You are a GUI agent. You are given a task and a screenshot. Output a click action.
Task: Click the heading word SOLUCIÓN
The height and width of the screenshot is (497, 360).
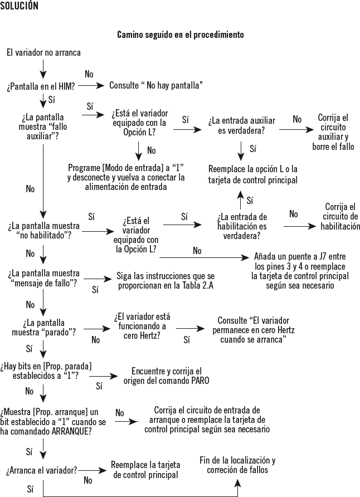pos(20,6)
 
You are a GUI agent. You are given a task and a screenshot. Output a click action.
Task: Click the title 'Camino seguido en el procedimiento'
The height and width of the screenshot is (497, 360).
pos(180,35)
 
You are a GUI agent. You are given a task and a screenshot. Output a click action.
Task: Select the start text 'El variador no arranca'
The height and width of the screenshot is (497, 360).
pos(43,52)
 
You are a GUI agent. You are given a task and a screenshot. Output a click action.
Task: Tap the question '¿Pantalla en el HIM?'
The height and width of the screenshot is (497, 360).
pos(41,86)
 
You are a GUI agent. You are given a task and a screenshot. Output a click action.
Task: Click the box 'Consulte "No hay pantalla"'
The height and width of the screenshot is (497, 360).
pos(155,86)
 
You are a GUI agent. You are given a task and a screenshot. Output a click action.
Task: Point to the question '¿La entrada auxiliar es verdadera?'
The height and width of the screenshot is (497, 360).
pos(242,125)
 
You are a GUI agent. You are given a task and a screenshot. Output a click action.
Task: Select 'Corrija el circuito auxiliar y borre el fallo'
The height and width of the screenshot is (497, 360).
pos(333,132)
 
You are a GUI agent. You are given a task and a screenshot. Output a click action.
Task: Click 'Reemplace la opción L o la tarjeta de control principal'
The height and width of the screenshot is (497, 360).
pos(253,174)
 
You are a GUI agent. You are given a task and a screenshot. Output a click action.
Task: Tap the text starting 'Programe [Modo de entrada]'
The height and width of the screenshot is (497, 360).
pos(126,177)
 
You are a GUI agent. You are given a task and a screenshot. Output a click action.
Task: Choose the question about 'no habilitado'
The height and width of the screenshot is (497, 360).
pos(43,231)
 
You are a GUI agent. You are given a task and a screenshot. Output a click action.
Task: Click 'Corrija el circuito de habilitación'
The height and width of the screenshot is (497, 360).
pos(340,217)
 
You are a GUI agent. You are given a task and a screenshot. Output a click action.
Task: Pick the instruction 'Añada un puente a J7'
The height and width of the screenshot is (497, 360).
pos(300,271)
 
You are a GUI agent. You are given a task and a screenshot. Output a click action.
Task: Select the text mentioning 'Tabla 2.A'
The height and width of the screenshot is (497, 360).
pos(165,280)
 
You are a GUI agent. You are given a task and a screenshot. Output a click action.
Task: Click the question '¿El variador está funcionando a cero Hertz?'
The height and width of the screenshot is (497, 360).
pos(142,326)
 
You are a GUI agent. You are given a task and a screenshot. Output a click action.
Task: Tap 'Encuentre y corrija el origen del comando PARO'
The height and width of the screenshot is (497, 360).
pos(166,376)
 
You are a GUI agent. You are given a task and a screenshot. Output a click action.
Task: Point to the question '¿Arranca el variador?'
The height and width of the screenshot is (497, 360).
pos(42,470)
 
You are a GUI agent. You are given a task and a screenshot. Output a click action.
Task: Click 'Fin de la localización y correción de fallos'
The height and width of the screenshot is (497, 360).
pos(237,465)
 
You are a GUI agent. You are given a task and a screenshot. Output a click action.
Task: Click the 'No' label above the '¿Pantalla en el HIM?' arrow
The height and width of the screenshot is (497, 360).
pos(89,74)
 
